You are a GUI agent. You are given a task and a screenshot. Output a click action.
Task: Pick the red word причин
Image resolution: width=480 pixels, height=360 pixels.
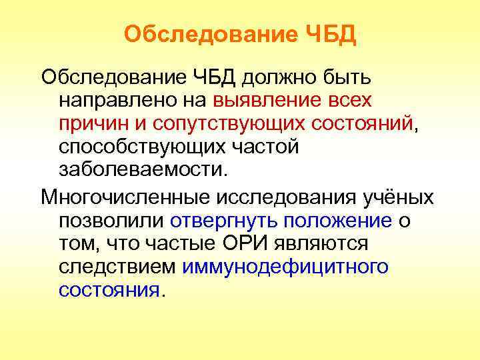91,123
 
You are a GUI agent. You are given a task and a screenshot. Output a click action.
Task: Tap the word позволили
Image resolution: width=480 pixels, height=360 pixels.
111,221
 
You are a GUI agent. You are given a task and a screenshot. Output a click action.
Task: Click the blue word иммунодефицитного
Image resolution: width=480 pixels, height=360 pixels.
285,267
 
